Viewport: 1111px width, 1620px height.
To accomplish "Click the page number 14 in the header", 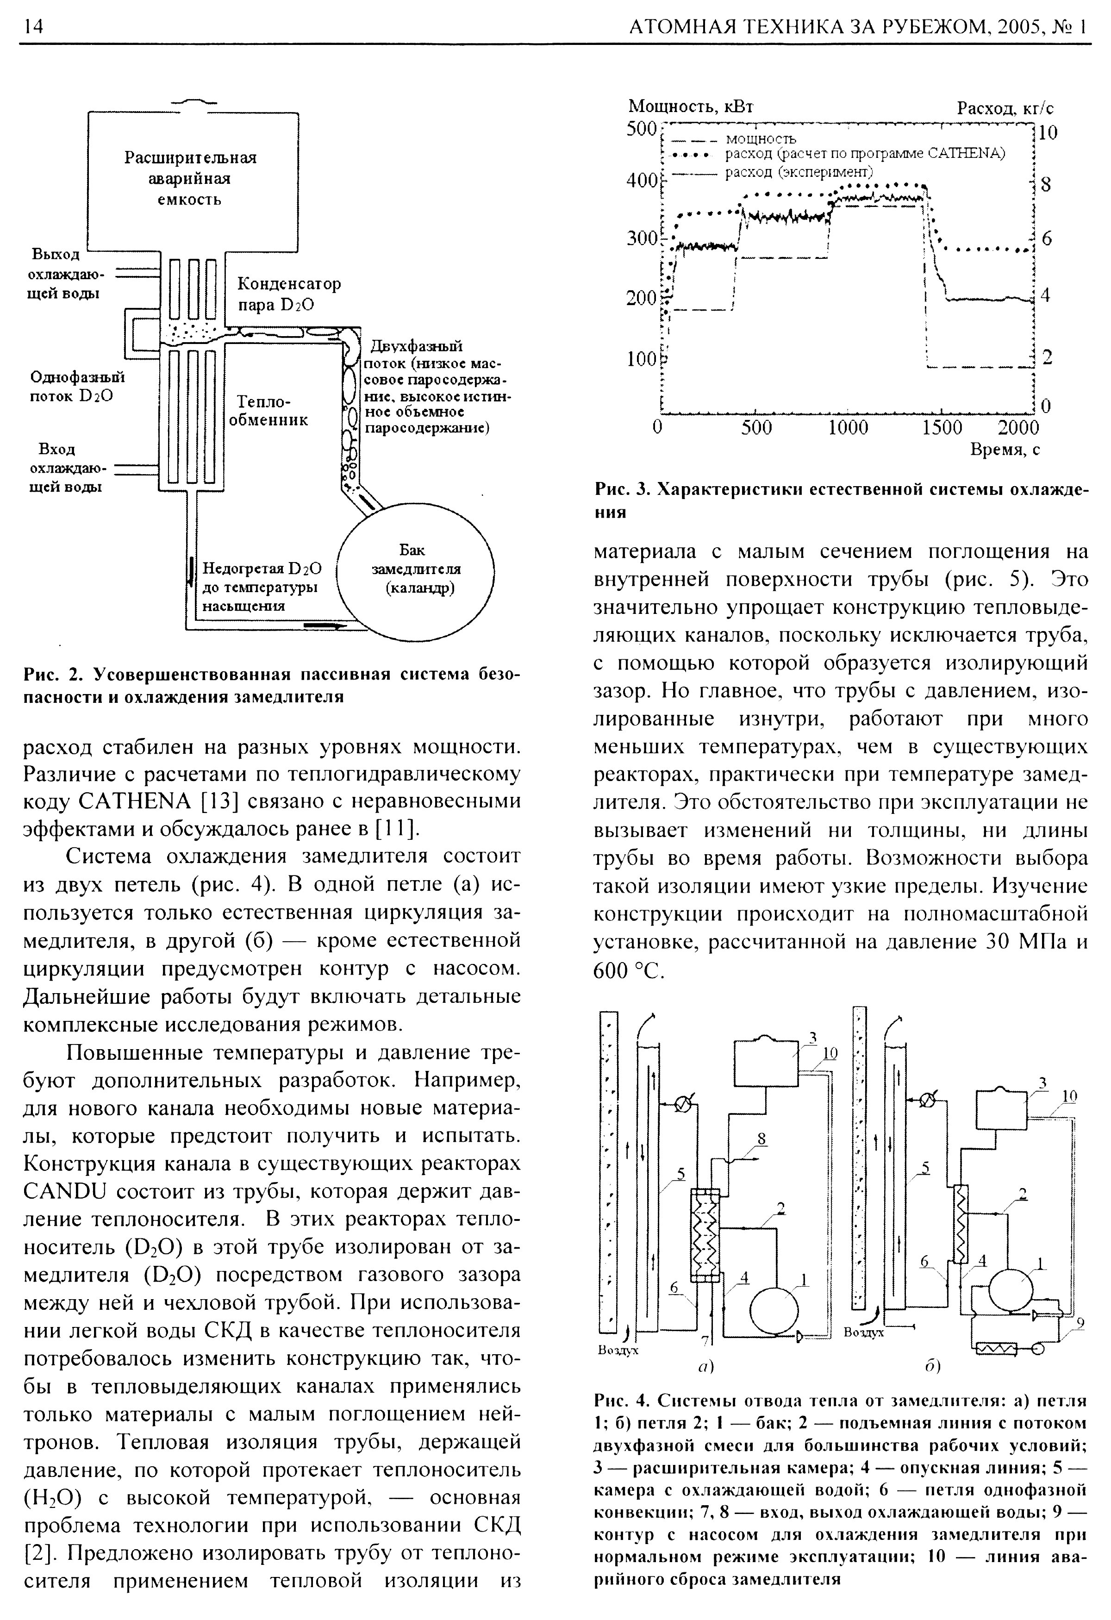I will coord(33,26).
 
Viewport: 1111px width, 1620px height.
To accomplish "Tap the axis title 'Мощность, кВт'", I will coord(690,106).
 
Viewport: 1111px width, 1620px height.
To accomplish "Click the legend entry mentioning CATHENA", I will coord(864,153).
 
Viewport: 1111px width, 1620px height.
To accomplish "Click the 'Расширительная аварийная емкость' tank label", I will coord(190,178).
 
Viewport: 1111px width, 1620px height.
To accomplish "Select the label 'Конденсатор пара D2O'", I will coord(288,294).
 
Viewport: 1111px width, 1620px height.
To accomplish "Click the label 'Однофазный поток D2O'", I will coord(77,387).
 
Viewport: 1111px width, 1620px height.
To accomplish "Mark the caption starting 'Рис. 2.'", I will coord(272,685).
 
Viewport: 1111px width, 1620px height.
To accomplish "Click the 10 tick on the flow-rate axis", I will coord(1048,132).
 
